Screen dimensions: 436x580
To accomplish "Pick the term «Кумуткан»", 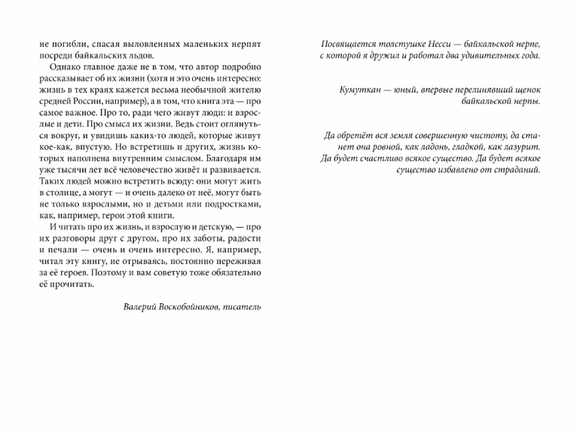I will click(x=364, y=89).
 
